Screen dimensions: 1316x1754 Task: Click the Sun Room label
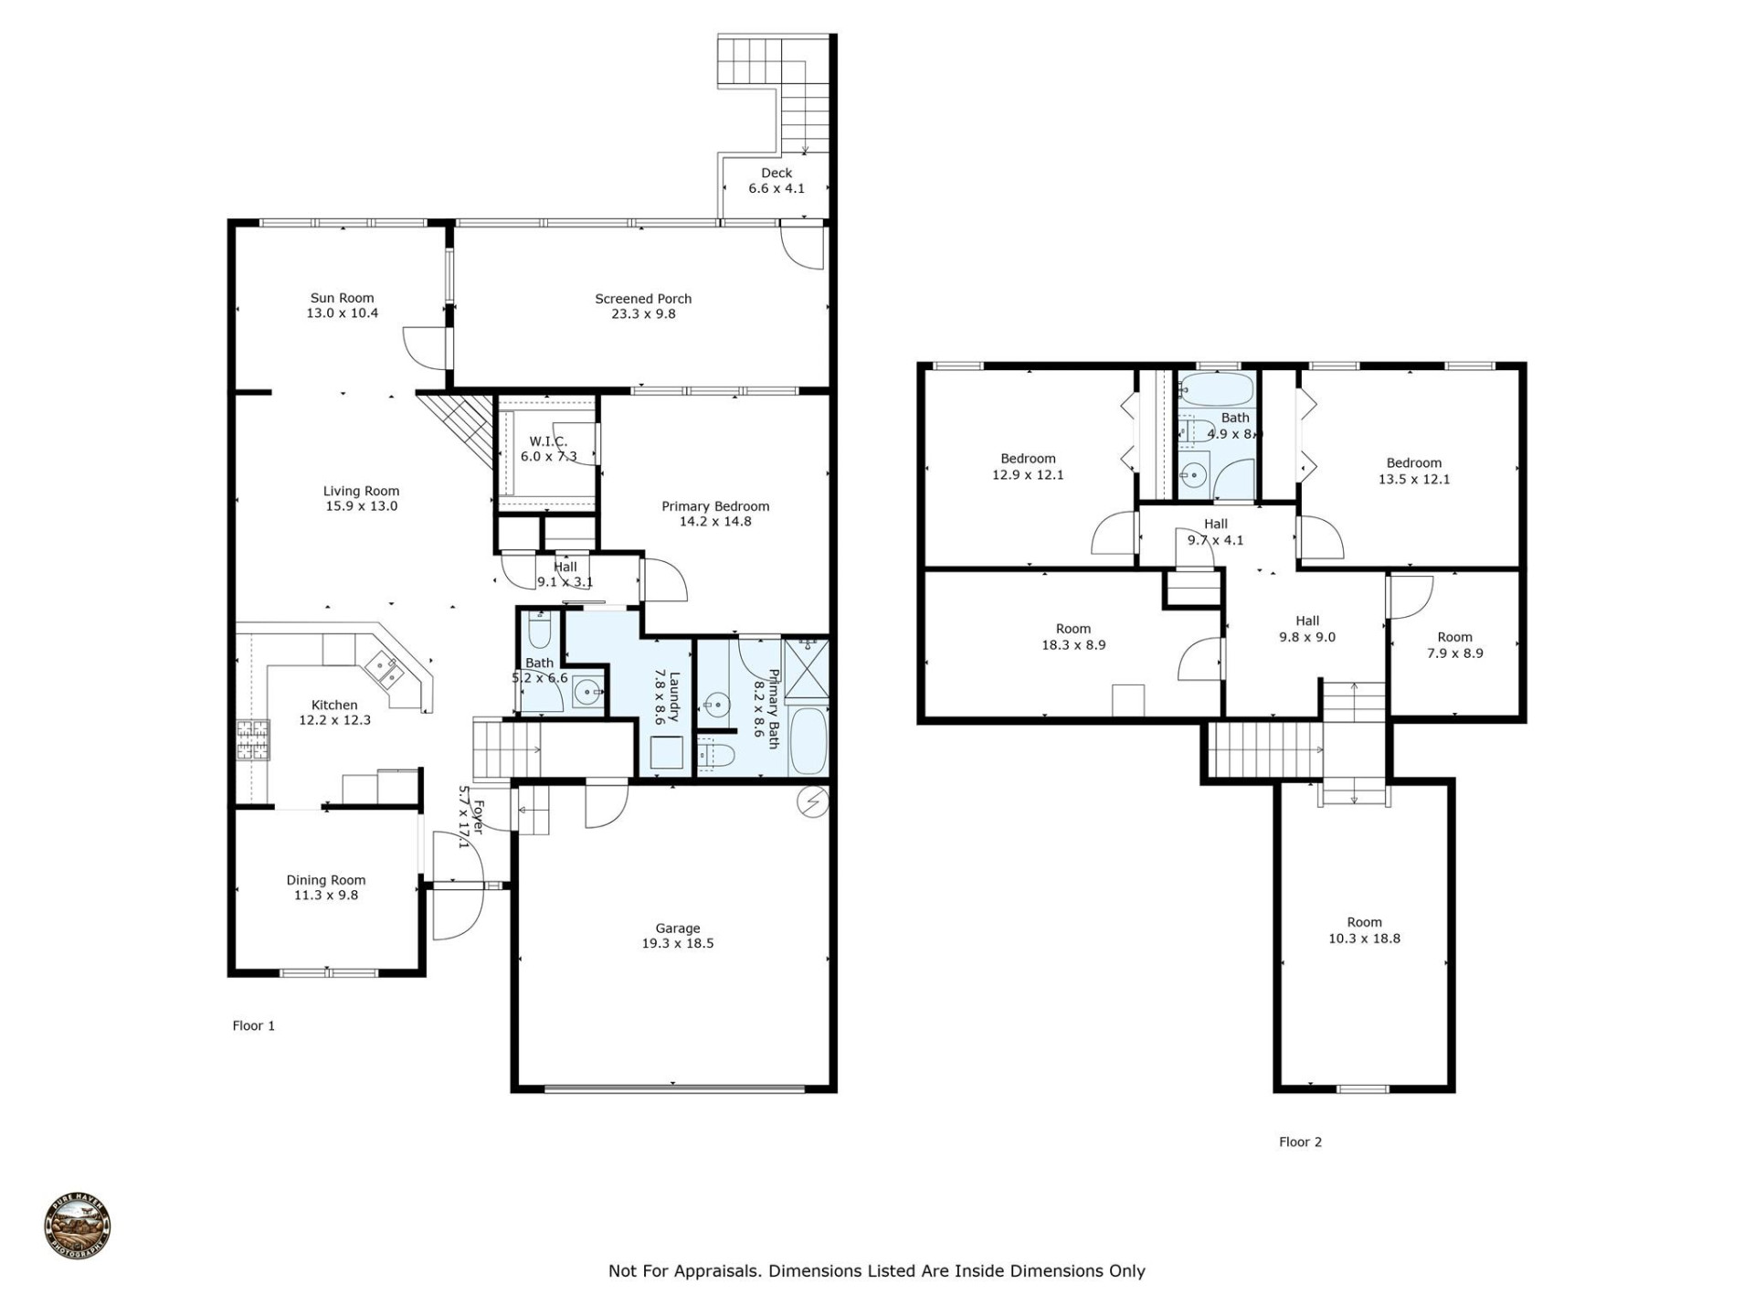coord(342,298)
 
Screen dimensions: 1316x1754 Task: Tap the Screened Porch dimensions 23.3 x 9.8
coord(643,314)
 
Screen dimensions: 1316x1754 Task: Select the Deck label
coord(777,173)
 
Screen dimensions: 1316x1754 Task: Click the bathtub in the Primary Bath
coord(808,741)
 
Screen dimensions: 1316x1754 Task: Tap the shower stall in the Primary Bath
coord(807,668)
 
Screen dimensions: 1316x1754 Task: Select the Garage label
coord(677,929)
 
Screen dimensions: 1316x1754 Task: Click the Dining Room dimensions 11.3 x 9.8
coord(325,896)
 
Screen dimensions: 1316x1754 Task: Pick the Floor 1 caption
coord(253,1025)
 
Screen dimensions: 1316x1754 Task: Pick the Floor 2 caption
coord(1300,1141)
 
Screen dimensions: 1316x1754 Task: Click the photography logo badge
coord(78,1227)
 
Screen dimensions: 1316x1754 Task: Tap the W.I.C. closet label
coord(548,441)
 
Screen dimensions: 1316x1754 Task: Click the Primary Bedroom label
coord(715,506)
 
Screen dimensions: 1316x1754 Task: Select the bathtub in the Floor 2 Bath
coord(1215,390)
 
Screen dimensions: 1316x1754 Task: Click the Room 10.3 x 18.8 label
coord(1364,923)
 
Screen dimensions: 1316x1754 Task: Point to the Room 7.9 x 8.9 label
coord(1454,638)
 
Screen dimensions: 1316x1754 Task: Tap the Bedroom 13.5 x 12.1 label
coord(1413,463)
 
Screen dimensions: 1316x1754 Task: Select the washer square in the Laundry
coord(667,752)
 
